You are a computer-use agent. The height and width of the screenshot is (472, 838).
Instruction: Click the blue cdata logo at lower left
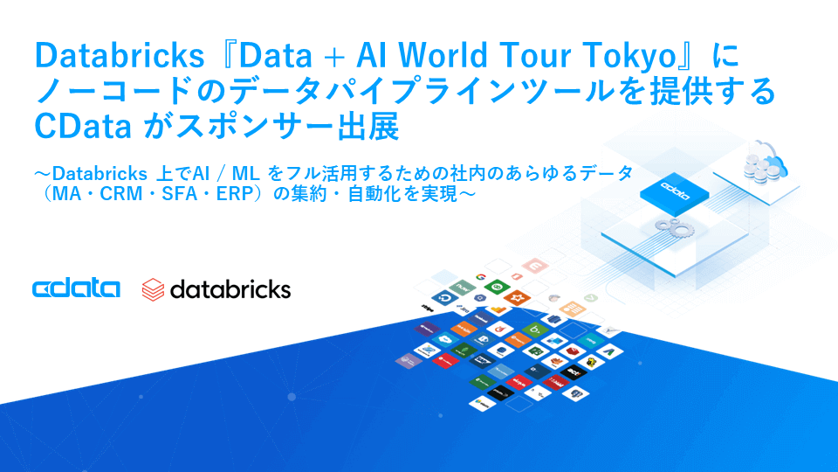point(76,289)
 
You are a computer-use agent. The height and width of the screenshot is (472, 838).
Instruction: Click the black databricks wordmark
point(230,289)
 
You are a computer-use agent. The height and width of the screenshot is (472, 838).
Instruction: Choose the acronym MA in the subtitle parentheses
point(63,194)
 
